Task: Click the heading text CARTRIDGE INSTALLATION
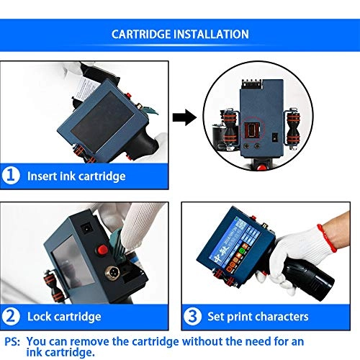click(x=180, y=34)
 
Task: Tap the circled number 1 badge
click(x=11, y=176)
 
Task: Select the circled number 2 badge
click(x=11, y=316)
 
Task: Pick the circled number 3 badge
click(x=192, y=316)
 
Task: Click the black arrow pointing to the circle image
click(x=184, y=117)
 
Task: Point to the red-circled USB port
click(x=251, y=130)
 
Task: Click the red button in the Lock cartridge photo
click(x=102, y=250)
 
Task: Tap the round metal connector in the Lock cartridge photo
click(x=112, y=272)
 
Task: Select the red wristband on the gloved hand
click(x=326, y=238)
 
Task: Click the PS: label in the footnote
click(x=12, y=341)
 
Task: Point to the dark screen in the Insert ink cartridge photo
click(x=102, y=122)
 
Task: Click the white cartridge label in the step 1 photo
click(x=87, y=88)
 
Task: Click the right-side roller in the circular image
click(x=293, y=128)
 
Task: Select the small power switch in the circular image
click(x=274, y=137)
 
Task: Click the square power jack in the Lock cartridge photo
click(x=86, y=229)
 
